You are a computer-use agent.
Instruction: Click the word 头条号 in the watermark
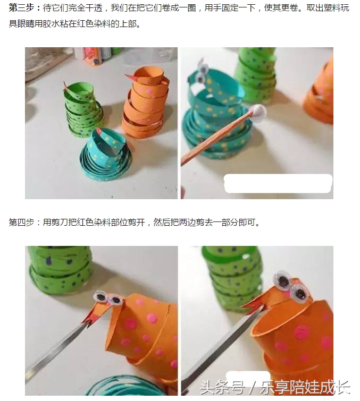(x=216, y=386)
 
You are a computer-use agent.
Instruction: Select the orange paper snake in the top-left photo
(x=144, y=104)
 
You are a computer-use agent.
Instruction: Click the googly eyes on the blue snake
(x=202, y=72)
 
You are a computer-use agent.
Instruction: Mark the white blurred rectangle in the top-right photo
(x=278, y=183)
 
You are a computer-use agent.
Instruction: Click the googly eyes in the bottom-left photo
(x=107, y=298)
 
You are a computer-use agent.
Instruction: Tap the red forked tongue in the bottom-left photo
(x=90, y=317)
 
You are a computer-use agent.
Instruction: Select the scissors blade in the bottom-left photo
(x=56, y=351)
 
